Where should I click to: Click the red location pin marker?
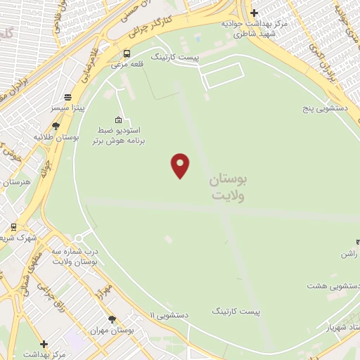click(181, 165)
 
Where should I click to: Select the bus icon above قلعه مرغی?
click(127, 53)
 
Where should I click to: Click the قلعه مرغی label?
click(126, 65)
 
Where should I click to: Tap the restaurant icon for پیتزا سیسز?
click(67, 98)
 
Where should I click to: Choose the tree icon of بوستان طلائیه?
click(56, 127)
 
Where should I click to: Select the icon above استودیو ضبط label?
click(117, 120)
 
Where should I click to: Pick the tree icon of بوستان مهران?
click(112, 319)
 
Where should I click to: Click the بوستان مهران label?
click(112, 330)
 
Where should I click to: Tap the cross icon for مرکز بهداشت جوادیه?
click(255, 13)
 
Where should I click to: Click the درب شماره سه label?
click(77, 251)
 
